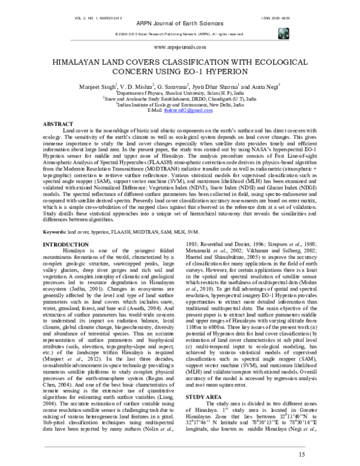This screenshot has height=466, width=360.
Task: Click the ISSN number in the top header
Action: (x=304, y=5)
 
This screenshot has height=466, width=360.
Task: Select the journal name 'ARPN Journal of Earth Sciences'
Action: (x=180, y=13)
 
